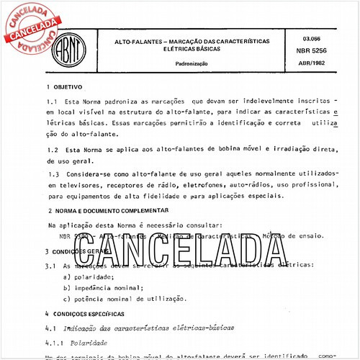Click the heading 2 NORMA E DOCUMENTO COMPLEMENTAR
tap(104, 212)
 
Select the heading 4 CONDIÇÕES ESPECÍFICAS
tap(86, 315)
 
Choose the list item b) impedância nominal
tap(101, 287)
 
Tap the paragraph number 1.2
tap(50, 149)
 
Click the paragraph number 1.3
tap(50, 175)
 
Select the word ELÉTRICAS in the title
tap(159, 51)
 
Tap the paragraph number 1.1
tap(50, 102)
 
